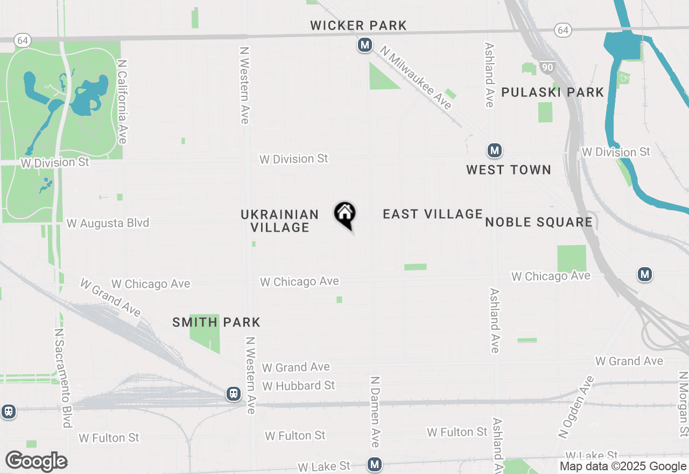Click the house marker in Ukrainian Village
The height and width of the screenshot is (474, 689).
pyautogui.click(x=344, y=214)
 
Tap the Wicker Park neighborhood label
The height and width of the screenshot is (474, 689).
pyautogui.click(x=358, y=25)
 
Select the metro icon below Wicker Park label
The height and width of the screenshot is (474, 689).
pyautogui.click(x=365, y=45)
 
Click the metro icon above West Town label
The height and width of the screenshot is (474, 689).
pyautogui.click(x=494, y=150)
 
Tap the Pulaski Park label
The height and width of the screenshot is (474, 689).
pyautogui.click(x=553, y=92)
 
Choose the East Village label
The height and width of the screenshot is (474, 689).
pyautogui.click(x=433, y=214)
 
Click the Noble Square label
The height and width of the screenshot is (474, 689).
pyautogui.click(x=539, y=222)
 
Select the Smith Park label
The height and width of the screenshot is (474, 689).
pyautogui.click(x=216, y=322)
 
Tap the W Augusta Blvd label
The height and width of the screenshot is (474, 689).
pyautogui.click(x=108, y=223)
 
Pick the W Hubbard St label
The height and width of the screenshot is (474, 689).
pyautogui.click(x=299, y=386)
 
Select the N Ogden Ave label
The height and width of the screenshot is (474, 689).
pyautogui.click(x=576, y=406)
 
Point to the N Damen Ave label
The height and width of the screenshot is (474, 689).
pyautogui.click(x=375, y=411)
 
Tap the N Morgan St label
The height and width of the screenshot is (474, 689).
pyautogui.click(x=683, y=404)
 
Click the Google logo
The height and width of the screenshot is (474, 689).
pyautogui.click(x=36, y=461)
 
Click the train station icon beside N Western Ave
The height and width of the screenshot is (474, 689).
pyautogui.click(x=233, y=394)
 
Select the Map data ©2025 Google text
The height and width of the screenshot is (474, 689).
pyautogui.click(x=622, y=466)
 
